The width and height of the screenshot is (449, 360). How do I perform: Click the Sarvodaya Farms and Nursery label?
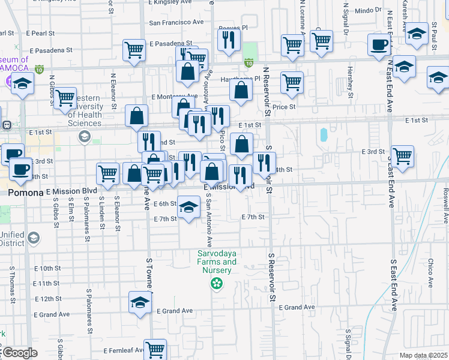tap(217, 262)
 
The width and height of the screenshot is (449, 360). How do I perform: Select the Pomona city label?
tap(25, 193)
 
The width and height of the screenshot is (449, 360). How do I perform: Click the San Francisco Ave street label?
tap(176, 22)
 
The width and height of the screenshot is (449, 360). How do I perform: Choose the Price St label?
tap(285, 107)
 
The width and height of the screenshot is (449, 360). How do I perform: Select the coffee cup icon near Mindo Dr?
tap(379, 46)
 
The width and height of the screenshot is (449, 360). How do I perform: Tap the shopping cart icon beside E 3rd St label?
tap(402, 156)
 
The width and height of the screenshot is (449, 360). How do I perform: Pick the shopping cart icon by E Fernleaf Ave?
tap(155, 349)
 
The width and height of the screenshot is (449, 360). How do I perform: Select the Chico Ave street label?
tap(430, 269)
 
